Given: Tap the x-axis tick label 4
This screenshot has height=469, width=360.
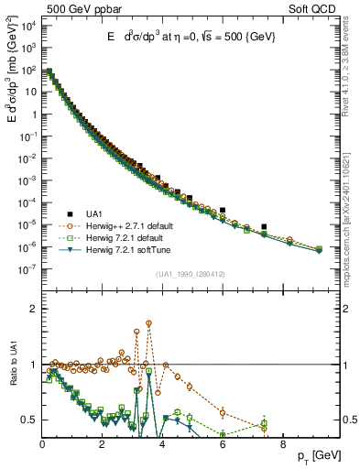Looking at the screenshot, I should (x=162, y=444).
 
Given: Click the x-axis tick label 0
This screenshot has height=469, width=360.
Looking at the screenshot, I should (x=43, y=444).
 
